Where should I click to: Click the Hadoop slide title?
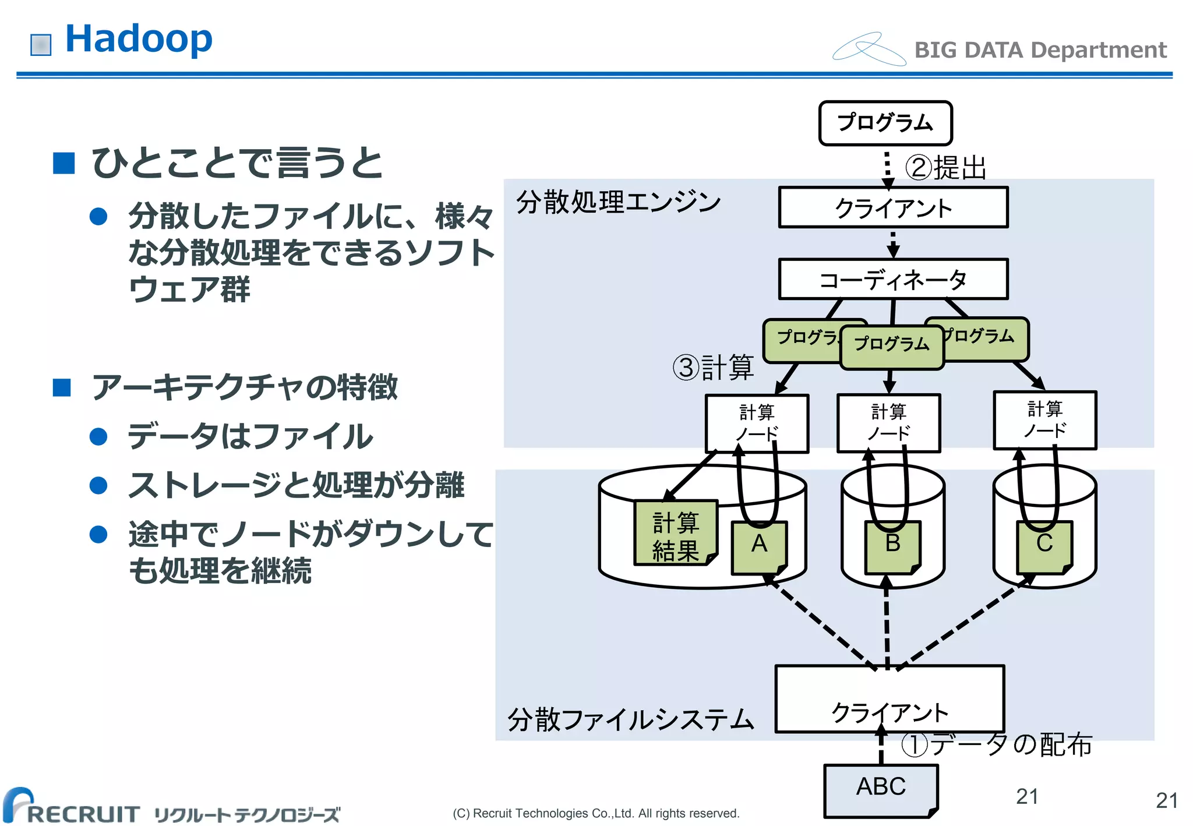pos(139,39)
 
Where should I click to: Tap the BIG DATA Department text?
pos(1040,50)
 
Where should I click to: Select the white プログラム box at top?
pos(885,123)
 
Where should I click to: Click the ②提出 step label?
pos(945,168)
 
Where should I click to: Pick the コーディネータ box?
pos(893,280)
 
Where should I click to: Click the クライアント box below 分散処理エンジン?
pos(893,207)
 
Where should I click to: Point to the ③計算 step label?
pos(713,368)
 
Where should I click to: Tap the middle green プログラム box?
pos(891,347)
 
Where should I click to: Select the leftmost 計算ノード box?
pos(756,423)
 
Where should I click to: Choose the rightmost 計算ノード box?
pos(1044,420)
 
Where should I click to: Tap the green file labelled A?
pos(759,546)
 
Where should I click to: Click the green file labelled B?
pos(892,546)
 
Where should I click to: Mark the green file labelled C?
pos(1044,546)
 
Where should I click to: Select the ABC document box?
pos(880,790)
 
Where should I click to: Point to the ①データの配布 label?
pos(996,745)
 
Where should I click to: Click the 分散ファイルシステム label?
pos(630,719)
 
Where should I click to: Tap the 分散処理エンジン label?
pos(619,202)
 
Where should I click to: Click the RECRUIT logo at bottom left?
pos(73,809)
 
